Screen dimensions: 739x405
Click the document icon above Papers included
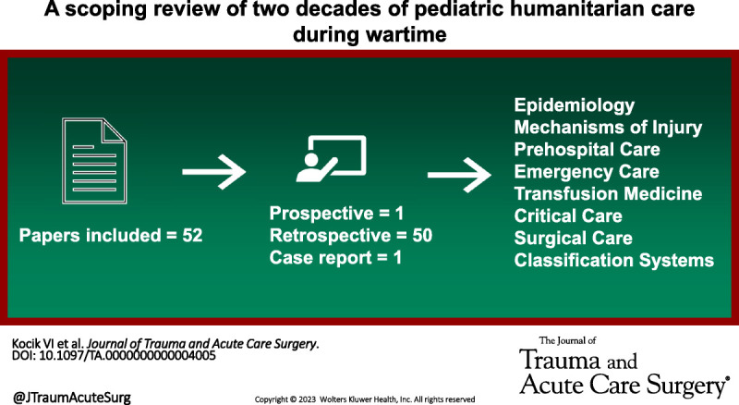[94, 161]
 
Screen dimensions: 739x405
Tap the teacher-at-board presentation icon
[331, 159]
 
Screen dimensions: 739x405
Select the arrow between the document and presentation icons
[213, 171]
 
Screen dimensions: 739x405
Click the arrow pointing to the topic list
[459, 175]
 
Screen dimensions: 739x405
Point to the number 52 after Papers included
[192, 235]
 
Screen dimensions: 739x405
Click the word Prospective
[321, 214]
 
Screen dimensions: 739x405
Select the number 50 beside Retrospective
[422, 235]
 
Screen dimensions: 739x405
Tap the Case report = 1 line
[335, 258]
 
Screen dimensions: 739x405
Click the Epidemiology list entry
[574, 105]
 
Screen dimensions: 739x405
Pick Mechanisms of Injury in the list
[608, 128]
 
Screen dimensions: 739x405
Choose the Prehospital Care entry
[587, 150]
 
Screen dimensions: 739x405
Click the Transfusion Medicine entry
[608, 193]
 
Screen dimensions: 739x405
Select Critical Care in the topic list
[568, 215]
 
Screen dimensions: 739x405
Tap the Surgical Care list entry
[573, 239]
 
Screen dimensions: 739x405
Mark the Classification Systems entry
[613, 261]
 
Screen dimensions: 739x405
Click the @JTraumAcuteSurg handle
[72, 398]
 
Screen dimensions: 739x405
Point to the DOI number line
[114, 355]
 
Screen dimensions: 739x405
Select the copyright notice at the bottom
[365, 399]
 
